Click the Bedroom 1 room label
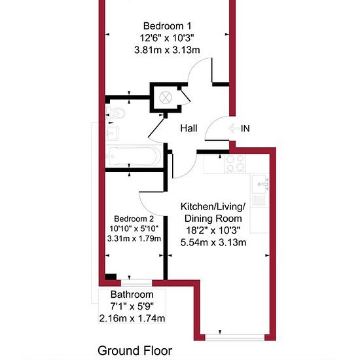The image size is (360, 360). pyautogui.click(x=167, y=26)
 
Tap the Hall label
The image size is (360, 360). pyautogui.click(x=189, y=128)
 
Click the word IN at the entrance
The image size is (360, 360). pyautogui.click(x=245, y=128)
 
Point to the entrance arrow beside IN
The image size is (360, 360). pyautogui.click(x=234, y=128)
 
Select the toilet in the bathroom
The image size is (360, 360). pyautogui.click(x=116, y=113)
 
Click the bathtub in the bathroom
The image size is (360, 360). pyautogui.click(x=134, y=156)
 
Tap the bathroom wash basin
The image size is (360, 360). pyautogui.click(x=113, y=133)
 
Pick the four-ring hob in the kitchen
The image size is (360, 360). pyautogui.click(x=236, y=163)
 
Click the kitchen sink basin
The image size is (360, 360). pyautogui.click(x=261, y=184)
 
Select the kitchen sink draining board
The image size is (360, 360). pyautogui.click(x=259, y=200)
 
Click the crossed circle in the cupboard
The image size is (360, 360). pyautogui.click(x=166, y=98)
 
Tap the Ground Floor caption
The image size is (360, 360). pyautogui.click(x=135, y=351)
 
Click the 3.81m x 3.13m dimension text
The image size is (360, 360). pyautogui.click(x=167, y=50)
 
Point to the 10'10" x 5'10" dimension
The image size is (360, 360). pyautogui.click(x=134, y=228)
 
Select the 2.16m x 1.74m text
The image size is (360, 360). pyautogui.click(x=132, y=318)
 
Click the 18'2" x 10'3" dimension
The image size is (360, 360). pyautogui.click(x=213, y=230)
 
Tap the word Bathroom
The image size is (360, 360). pyautogui.click(x=132, y=295)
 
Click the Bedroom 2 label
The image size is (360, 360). pyautogui.click(x=134, y=219)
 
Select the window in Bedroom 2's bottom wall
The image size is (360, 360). pyautogui.click(x=136, y=283)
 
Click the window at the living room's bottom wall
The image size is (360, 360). pyautogui.click(x=234, y=337)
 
